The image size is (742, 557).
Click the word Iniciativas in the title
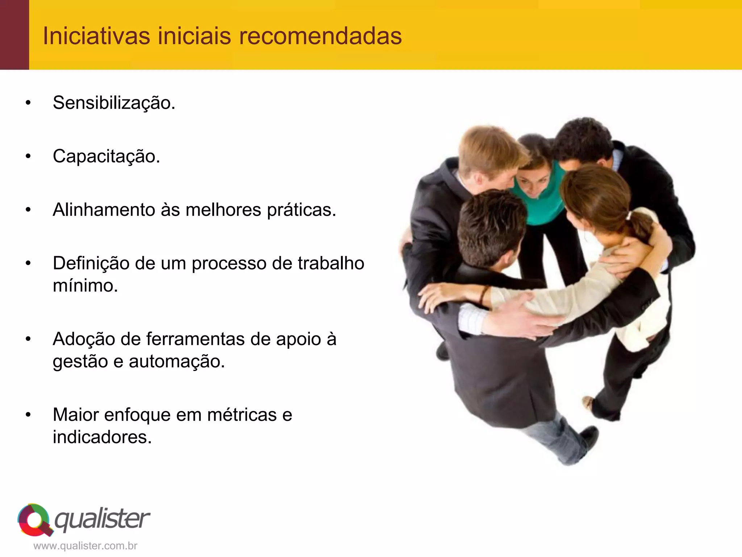tap(96, 36)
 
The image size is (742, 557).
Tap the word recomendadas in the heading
tap(320, 36)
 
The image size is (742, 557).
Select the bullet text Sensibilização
tap(114, 103)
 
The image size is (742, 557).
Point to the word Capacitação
tap(107, 156)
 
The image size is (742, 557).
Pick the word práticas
tap(301, 210)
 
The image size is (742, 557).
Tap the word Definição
tap(91, 263)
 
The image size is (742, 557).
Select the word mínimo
tap(86, 286)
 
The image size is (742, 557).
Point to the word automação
tap(177, 362)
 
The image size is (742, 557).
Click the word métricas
tap(242, 415)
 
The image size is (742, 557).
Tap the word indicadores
tap(102, 437)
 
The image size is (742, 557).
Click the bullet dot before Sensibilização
tap(28, 103)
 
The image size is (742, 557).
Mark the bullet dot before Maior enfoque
tap(28, 415)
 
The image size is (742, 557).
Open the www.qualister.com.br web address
tap(85, 546)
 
